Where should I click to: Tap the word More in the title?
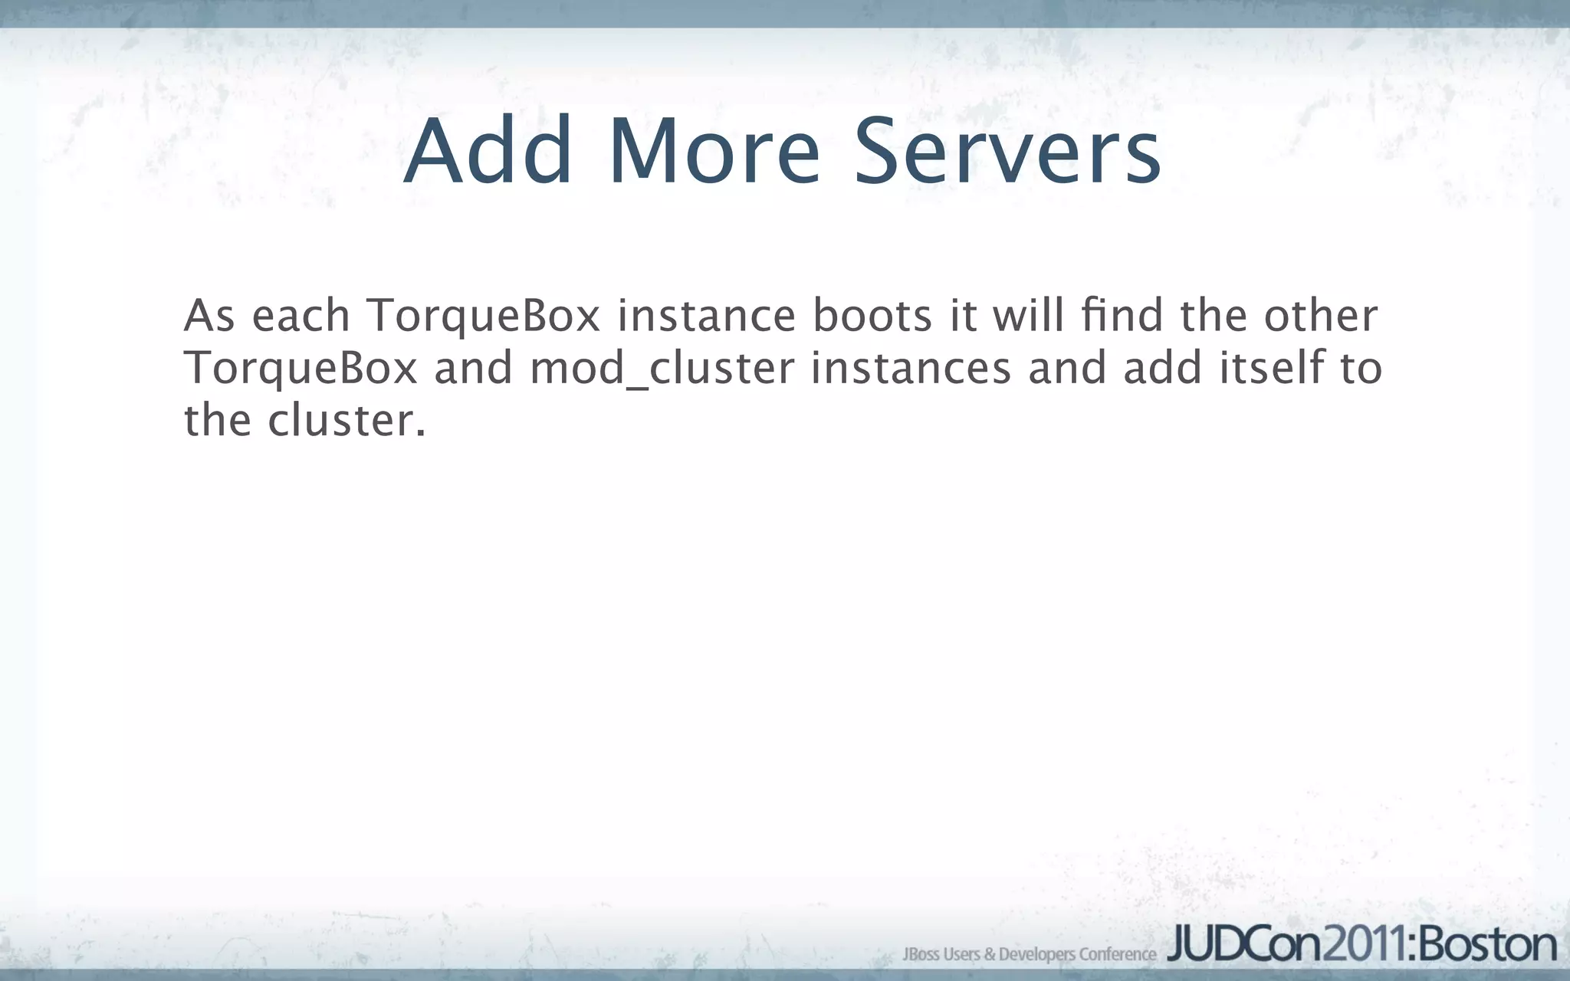coord(714,152)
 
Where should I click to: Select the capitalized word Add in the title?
coord(488,152)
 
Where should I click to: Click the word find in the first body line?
coord(1122,316)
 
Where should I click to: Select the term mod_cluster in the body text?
coord(662,369)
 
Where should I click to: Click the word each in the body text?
coord(301,316)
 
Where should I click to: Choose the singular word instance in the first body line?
coord(707,316)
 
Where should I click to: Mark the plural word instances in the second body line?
coord(911,369)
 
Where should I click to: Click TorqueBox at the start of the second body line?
coord(301,369)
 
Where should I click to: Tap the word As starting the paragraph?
coord(209,316)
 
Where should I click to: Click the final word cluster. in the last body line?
coord(347,421)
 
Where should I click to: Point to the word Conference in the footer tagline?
coord(1117,954)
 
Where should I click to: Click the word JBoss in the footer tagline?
coord(921,954)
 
